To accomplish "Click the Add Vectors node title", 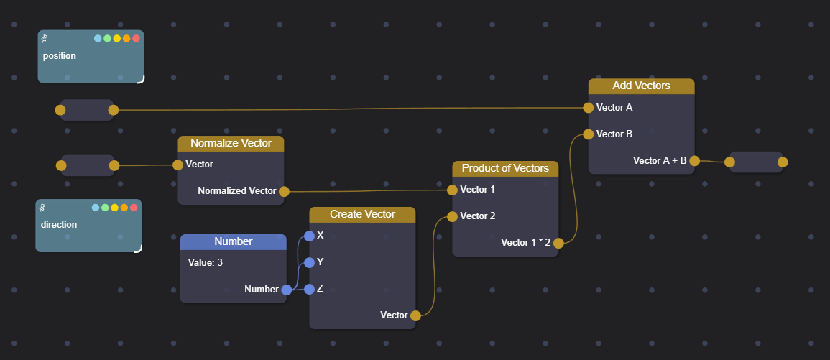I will (x=641, y=86).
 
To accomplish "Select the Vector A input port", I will (x=589, y=108).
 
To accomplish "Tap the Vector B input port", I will (x=589, y=134).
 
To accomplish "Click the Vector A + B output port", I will (x=694, y=161).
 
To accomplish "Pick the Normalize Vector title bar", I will (x=231, y=143).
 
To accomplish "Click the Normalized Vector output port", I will (x=284, y=191).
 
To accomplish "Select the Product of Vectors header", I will (x=505, y=168).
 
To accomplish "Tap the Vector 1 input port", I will (x=452, y=190).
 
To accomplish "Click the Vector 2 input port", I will (x=452, y=216).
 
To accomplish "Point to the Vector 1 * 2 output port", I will (x=558, y=243).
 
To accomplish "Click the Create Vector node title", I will (x=362, y=214).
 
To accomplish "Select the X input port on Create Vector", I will (x=309, y=236).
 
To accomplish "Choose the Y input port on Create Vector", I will (x=309, y=262).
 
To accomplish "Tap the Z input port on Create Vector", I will (x=309, y=289).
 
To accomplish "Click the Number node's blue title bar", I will (x=234, y=241).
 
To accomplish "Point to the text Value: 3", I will (x=206, y=263).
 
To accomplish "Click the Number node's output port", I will (x=286, y=290).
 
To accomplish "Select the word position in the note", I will (x=60, y=56).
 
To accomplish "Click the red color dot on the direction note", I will (x=134, y=208).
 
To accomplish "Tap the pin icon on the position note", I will (x=45, y=38).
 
